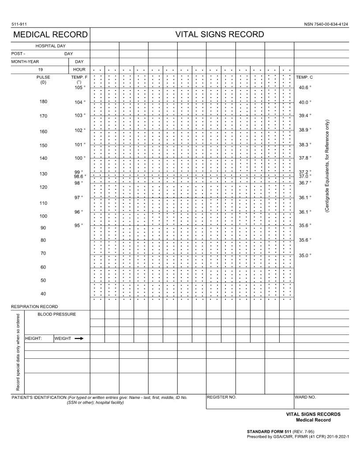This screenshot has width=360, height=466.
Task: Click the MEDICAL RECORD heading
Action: pos(50,35)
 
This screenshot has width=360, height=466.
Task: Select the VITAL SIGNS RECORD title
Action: pos(220,34)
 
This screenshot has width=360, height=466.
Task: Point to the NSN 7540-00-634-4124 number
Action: pos(326,24)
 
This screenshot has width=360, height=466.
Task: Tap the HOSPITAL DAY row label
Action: pos(51,46)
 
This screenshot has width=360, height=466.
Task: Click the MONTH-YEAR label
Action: pos(25,62)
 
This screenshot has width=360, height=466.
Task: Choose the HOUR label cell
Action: pos(79,70)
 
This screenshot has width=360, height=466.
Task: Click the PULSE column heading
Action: pos(43,77)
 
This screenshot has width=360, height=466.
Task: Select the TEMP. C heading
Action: pos(304,77)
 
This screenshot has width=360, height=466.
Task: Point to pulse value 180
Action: pos(43,101)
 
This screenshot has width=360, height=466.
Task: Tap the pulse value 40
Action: pos(43,294)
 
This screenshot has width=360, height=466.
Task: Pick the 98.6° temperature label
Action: pos(80,177)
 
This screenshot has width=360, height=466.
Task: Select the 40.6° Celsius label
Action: pos(305,87)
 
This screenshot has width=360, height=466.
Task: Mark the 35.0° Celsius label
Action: pos(305,256)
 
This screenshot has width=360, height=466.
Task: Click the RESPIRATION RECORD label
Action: pos(34,306)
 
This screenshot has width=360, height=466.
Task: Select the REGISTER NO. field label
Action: pos(221,397)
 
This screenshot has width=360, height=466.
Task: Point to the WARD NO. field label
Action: pos(305,397)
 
